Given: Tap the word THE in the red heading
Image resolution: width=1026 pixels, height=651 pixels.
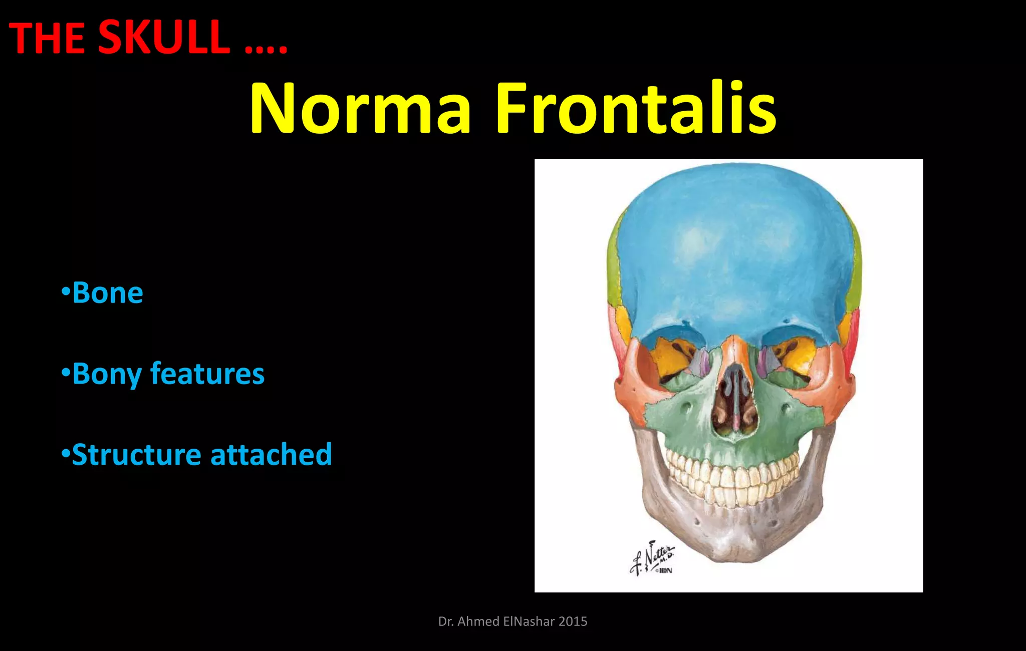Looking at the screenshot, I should [47, 39].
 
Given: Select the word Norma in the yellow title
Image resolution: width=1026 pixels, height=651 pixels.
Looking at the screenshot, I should [360, 109].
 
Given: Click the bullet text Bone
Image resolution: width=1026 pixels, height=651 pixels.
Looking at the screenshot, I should [107, 293].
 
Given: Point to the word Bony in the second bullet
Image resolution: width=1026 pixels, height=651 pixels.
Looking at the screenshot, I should [107, 375].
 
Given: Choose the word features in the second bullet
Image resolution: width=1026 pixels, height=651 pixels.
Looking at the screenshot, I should [207, 374].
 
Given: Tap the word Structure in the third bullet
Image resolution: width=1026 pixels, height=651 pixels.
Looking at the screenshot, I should [136, 455].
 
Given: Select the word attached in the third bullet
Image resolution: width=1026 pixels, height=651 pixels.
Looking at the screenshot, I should [271, 455].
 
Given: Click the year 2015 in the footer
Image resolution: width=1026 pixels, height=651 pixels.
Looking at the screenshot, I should [573, 621].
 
